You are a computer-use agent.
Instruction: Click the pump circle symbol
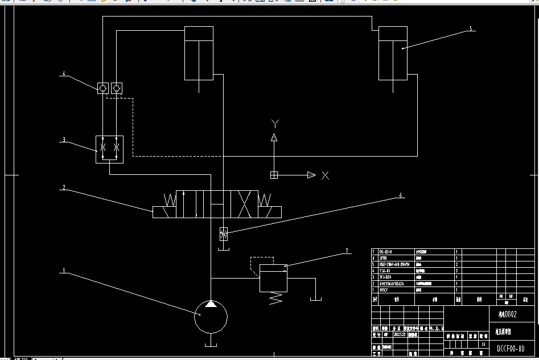coord(211,317)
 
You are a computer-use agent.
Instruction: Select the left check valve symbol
coord(103,88)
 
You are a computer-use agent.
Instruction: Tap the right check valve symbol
coord(117,88)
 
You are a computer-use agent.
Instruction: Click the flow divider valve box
coord(110,149)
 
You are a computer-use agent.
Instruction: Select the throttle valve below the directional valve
coord(224,234)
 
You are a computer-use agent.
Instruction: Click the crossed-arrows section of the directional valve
coord(245,204)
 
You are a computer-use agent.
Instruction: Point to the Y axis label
coord(275,124)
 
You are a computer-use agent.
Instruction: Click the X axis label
coord(325,175)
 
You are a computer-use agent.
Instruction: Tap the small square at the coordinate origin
coord(274,175)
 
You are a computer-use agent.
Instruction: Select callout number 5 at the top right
coord(471,28)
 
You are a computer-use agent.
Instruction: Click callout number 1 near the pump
coord(64,271)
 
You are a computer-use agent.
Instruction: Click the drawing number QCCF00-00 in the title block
coord(511,348)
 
